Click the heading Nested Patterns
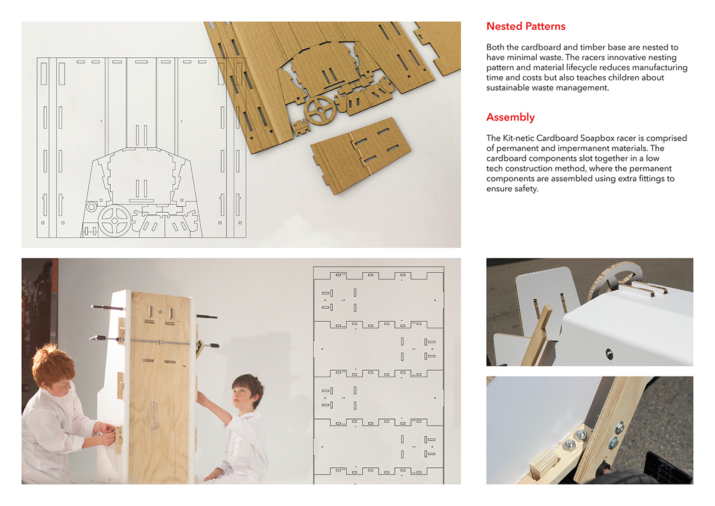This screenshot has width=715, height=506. click(526, 26)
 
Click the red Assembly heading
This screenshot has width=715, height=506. click(510, 117)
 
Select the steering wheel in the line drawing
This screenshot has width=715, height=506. click(114, 221)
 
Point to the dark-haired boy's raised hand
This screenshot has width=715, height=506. click(201, 398)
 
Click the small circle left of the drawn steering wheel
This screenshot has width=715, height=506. click(91, 207)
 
